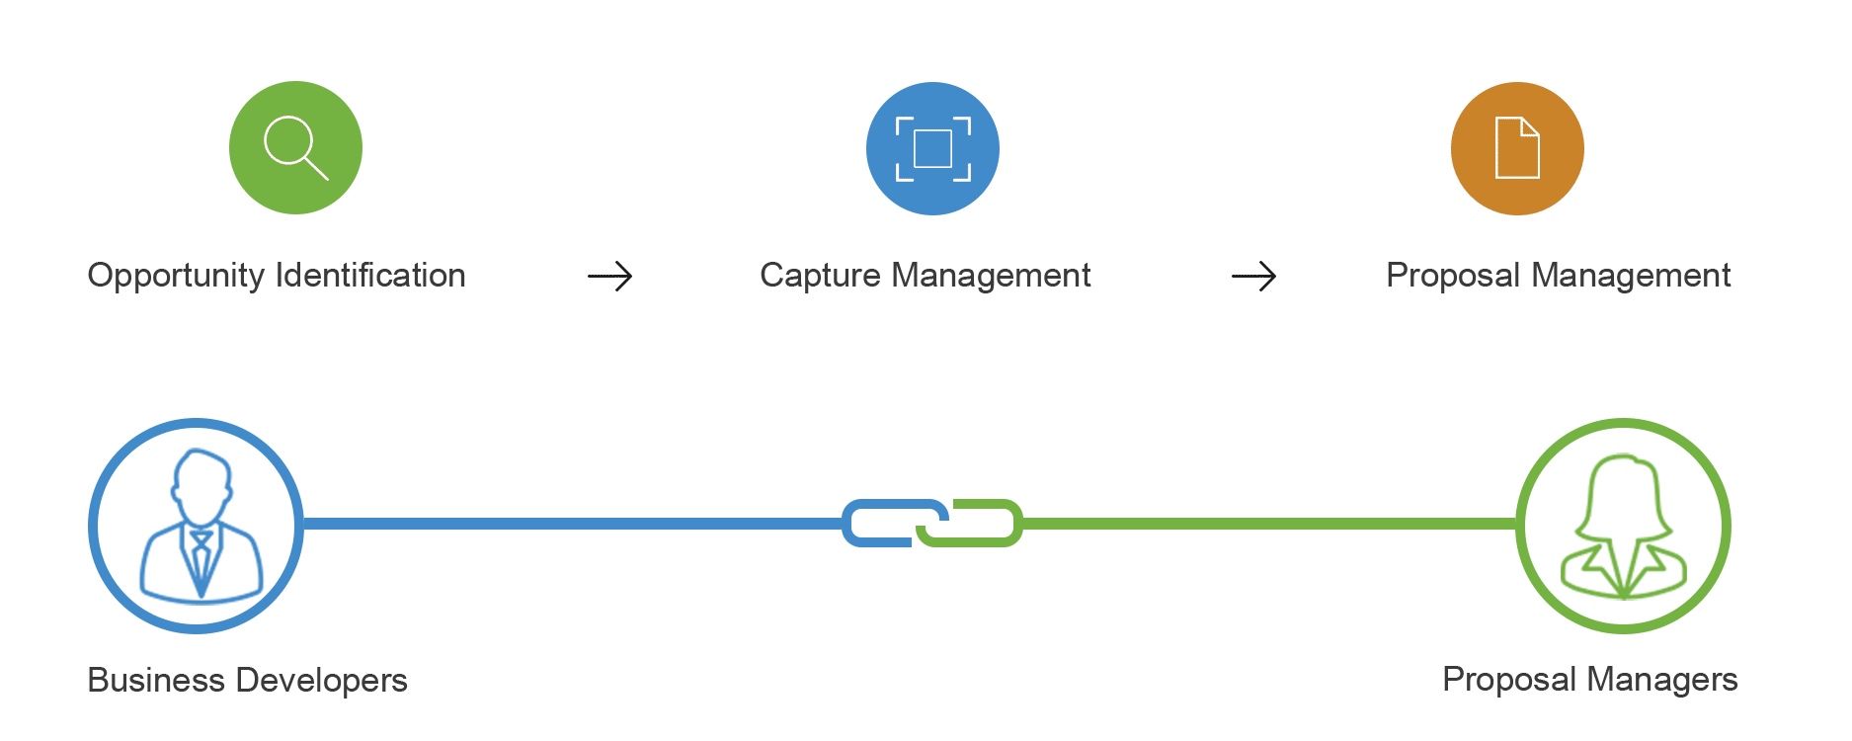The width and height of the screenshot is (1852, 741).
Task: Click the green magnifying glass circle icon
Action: point(295,148)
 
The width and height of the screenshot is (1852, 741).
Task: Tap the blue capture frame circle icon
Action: point(932,148)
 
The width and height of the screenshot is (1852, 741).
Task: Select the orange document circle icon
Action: point(1517,148)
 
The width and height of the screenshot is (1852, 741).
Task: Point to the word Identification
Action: point(370,275)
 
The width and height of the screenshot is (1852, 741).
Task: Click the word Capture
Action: point(819,276)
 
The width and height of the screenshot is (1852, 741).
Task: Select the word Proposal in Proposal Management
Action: point(1452,276)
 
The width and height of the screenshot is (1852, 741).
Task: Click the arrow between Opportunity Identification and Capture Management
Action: point(610,276)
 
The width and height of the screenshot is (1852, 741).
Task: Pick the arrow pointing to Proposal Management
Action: point(1253,276)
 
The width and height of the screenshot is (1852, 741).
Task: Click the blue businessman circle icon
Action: point(197,526)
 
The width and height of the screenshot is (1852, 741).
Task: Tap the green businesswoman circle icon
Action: point(1623,526)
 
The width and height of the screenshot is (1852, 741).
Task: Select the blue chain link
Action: point(879,523)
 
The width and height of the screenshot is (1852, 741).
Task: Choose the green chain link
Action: point(983,524)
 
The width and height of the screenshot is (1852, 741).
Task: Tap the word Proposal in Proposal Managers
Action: point(1508,680)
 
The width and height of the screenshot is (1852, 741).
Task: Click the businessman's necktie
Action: point(201,558)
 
